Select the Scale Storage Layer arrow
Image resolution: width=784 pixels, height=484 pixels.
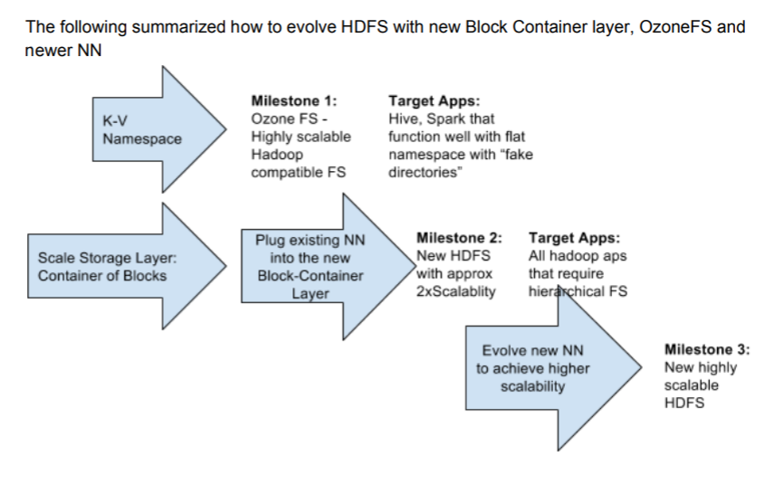[x=118, y=266]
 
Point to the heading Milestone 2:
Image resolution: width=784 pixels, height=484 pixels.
[x=459, y=238]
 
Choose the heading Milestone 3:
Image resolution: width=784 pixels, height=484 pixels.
[x=707, y=350]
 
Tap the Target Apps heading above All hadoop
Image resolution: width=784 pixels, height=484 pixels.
[x=574, y=238]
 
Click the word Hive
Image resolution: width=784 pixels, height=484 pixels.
[x=404, y=119]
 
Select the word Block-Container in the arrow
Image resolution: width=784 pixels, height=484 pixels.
[x=310, y=275]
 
